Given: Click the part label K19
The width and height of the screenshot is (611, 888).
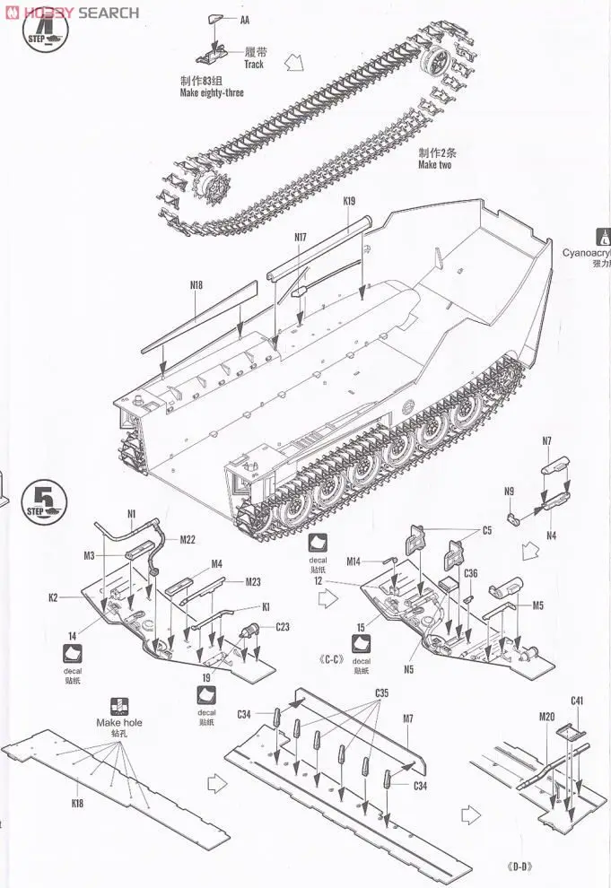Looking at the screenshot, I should click(x=349, y=202).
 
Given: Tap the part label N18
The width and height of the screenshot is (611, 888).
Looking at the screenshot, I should click(x=196, y=285).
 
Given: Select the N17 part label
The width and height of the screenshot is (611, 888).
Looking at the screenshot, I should click(x=301, y=237).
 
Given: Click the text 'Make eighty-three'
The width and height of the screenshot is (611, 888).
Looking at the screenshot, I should click(x=212, y=92).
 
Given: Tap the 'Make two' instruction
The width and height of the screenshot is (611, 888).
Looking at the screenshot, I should click(x=434, y=165).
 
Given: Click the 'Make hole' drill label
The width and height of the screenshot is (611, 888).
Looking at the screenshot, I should click(x=118, y=722).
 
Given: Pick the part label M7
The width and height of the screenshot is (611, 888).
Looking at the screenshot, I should click(x=408, y=718).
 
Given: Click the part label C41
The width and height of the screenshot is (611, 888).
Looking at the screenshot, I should click(x=577, y=700).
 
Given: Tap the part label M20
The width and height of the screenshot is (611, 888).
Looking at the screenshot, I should click(x=547, y=717).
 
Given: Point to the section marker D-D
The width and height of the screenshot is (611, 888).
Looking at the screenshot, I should click(x=519, y=866).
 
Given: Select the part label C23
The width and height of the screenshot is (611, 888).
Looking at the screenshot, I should click(x=282, y=626).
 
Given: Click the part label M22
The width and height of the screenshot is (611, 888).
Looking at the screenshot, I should click(x=188, y=539).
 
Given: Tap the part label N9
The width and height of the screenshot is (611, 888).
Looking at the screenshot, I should click(x=509, y=491).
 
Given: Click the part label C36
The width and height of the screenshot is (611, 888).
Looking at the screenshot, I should click(x=471, y=573).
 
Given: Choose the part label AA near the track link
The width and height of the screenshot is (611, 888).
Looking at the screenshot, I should click(x=245, y=19).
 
